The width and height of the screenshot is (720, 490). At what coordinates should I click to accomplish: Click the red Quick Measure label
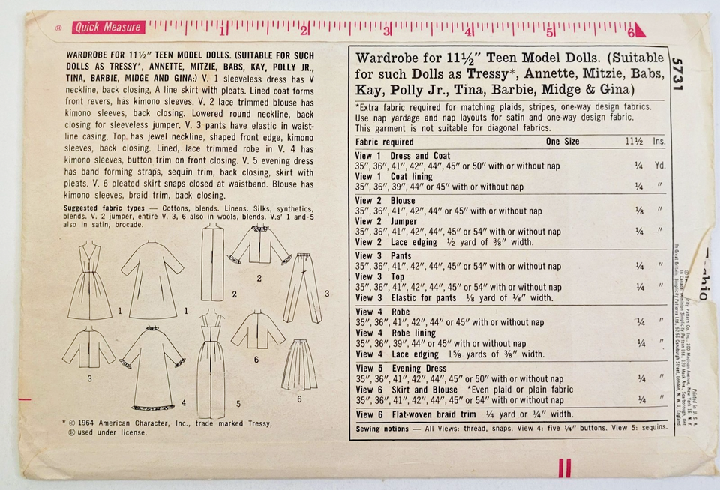click(107, 28)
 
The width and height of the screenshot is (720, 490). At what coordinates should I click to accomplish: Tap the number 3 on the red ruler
click(387, 32)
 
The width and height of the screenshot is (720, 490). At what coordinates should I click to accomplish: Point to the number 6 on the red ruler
click(631, 32)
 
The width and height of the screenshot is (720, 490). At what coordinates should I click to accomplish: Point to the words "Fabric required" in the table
click(384, 142)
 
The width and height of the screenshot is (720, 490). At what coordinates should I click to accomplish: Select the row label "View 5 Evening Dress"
click(402, 369)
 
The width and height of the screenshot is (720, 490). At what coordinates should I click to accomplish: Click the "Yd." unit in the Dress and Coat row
click(660, 166)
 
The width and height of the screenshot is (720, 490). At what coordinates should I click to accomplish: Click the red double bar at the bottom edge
click(563, 468)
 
